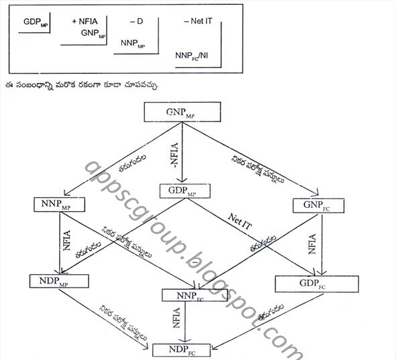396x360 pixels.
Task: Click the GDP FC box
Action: tap(302, 284)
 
